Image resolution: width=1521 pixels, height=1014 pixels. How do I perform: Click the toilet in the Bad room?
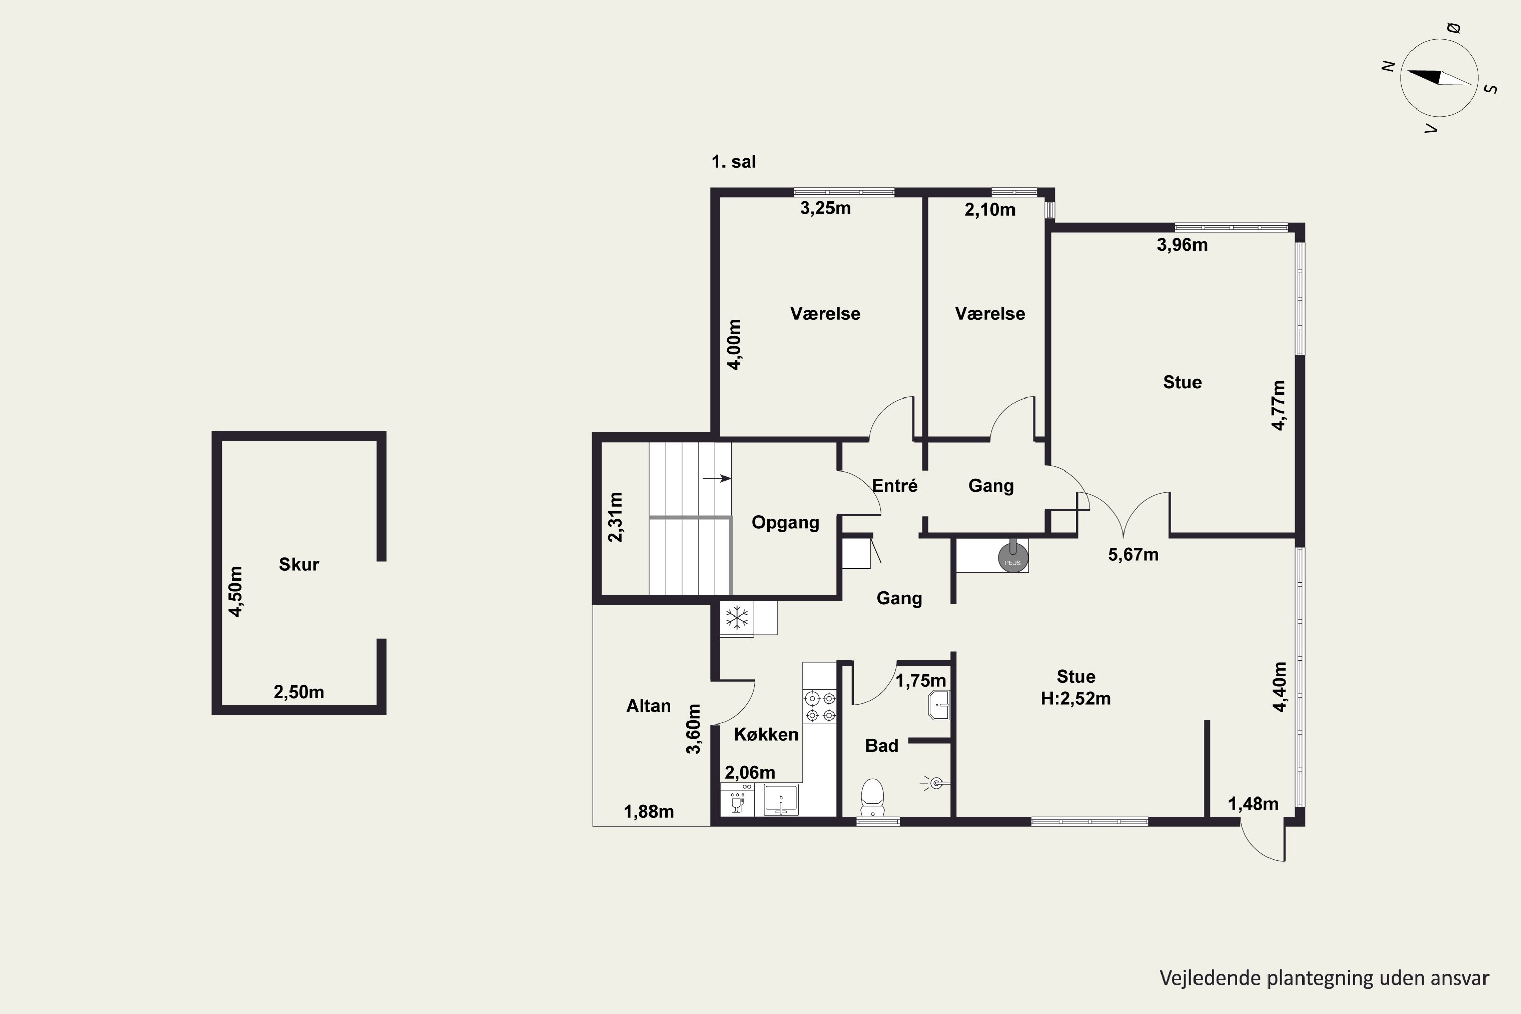point(873,798)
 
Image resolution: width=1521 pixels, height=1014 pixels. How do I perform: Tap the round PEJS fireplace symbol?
point(1012,557)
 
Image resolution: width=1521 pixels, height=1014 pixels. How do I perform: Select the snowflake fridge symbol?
point(737,617)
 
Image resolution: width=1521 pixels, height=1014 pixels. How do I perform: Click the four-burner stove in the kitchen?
point(819,707)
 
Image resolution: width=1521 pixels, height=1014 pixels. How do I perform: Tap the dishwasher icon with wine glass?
point(737,800)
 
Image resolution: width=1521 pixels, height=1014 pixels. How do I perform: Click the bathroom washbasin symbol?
point(938,705)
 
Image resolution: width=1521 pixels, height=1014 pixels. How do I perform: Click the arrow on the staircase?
point(716,479)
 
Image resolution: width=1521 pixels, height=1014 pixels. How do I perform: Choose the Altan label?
point(648,706)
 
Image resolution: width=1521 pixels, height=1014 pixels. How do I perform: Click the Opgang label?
point(785,523)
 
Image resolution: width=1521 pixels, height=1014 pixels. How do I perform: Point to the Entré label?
point(894,485)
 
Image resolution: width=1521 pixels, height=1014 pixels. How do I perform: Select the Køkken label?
point(766,734)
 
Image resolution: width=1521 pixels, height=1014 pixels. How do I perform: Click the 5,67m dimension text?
point(1133,554)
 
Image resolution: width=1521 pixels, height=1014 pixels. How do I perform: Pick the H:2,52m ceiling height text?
point(1075,699)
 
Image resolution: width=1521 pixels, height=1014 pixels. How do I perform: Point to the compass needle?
point(1439,78)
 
